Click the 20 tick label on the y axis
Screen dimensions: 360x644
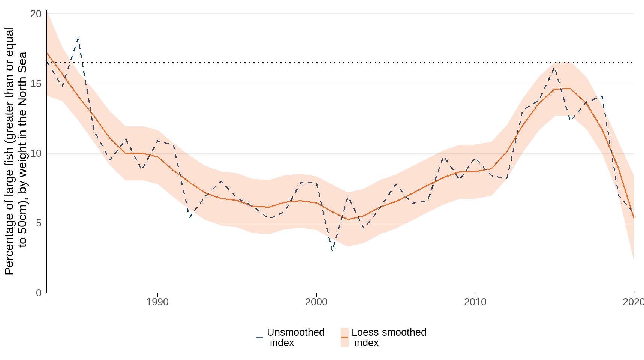(x=36, y=14)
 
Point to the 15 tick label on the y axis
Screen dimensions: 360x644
(x=36, y=84)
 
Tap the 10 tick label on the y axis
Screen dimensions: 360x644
(x=36, y=153)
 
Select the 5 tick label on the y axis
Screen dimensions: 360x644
(x=39, y=223)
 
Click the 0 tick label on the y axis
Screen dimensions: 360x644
(x=39, y=293)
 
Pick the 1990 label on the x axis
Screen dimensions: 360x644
(x=157, y=302)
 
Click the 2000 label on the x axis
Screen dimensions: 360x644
(x=316, y=302)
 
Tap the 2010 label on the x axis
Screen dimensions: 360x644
(x=475, y=302)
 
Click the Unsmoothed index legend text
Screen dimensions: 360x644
(x=295, y=337)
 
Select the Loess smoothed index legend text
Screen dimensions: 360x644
(x=389, y=337)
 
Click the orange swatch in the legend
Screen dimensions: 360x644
(x=344, y=337)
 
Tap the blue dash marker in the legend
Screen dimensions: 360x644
(x=259, y=337)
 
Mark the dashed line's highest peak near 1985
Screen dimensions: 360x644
(x=78, y=38)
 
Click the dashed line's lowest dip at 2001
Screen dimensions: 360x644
(x=332, y=250)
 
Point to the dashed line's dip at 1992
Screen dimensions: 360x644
(x=190, y=217)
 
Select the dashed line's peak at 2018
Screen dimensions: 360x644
(x=602, y=96)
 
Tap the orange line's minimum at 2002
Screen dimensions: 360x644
(x=348, y=219)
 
